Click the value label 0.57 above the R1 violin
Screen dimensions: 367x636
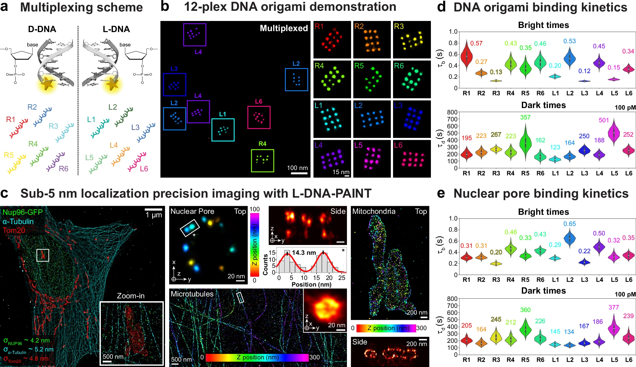click(476, 43)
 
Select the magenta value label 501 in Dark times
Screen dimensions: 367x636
click(604, 120)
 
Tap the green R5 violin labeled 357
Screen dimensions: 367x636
click(525, 141)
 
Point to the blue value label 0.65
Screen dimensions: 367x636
click(570, 224)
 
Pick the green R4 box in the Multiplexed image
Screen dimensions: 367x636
click(262, 160)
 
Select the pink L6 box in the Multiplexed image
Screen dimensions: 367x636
click(259, 117)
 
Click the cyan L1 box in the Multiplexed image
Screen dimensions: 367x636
click(223, 130)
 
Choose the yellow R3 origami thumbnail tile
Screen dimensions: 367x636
click(412, 40)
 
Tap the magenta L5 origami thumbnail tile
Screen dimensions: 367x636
click(372, 159)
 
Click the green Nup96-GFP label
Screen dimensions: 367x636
click(23, 212)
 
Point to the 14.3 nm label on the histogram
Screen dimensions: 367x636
click(304, 253)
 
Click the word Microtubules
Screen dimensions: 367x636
click(192, 294)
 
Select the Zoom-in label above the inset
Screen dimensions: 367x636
click(131, 296)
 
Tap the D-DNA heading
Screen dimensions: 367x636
click(42, 29)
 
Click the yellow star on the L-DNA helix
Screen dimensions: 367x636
click(112, 84)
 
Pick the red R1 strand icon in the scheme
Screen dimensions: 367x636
click(18, 128)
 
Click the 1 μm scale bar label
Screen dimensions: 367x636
click(154, 215)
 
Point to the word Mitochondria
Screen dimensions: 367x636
click(374, 211)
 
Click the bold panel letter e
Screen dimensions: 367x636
click(441, 193)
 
